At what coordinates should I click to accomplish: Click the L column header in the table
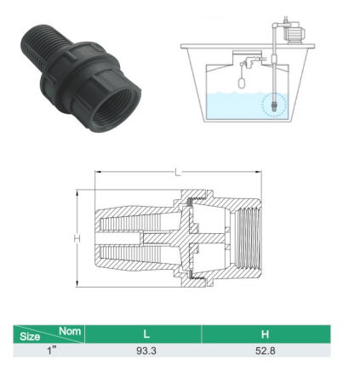[146, 334]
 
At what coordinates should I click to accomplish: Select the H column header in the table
[265, 334]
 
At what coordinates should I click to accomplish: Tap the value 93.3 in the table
[146, 351]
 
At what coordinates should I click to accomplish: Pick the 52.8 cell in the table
[266, 351]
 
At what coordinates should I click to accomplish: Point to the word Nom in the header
[70, 331]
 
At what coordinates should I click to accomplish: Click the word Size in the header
[30, 337]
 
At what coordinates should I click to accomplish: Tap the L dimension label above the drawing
[178, 172]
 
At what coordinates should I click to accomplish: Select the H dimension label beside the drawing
[77, 238]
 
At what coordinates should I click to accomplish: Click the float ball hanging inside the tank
[241, 83]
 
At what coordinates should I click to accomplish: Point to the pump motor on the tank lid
[295, 33]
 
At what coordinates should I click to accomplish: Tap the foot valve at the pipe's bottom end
[273, 106]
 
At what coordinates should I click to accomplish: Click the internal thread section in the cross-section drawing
[247, 238]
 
